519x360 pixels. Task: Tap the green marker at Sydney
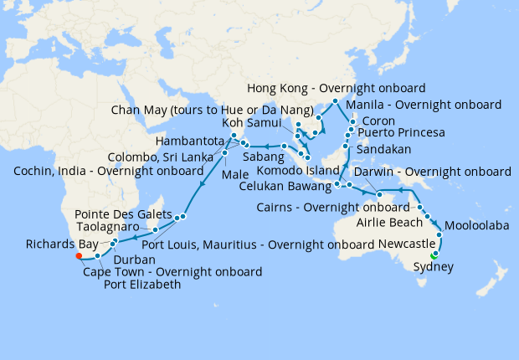point(434,255)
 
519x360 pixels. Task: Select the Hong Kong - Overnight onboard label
point(337,88)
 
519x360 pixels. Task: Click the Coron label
point(378,121)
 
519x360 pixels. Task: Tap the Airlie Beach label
point(392,222)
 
